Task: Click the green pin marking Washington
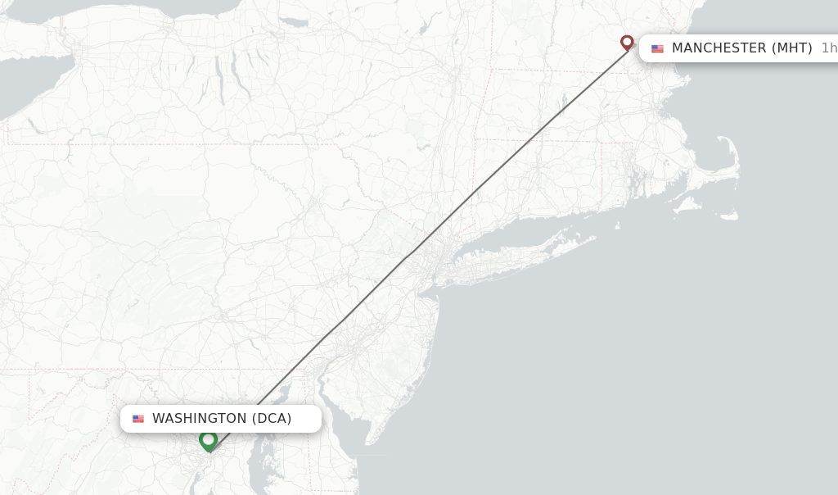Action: tap(208, 440)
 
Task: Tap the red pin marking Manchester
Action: tap(627, 42)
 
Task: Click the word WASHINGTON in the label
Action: tap(199, 419)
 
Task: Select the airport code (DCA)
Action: tap(271, 419)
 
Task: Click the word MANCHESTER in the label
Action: tap(719, 48)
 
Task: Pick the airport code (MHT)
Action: tap(791, 48)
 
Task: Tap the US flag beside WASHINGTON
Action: tap(138, 419)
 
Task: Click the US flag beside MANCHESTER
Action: tap(657, 48)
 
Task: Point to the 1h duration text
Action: tap(828, 48)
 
